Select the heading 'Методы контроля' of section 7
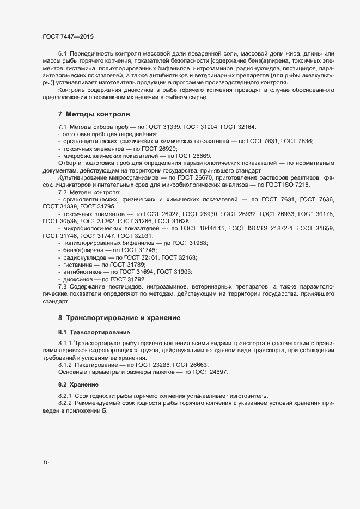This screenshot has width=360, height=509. point(97,114)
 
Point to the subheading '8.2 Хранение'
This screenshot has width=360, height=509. point(75,384)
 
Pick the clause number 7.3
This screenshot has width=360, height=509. point(62,286)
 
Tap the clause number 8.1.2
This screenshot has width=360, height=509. point(65,365)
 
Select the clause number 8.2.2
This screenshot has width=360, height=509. point(65,403)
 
